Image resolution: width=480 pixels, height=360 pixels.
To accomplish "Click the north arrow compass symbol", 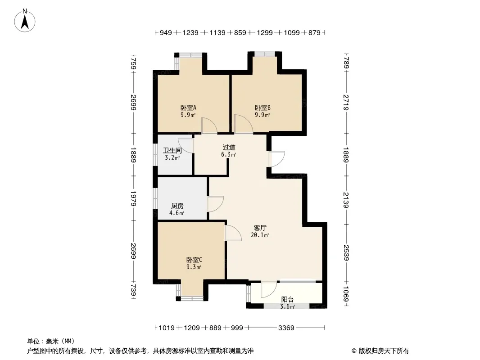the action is tap(25, 21).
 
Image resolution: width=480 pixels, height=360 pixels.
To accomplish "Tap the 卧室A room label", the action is tap(188, 108).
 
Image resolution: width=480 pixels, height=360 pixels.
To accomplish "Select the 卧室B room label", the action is tap(263, 108).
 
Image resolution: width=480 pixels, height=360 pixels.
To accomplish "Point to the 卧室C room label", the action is tap(194, 260).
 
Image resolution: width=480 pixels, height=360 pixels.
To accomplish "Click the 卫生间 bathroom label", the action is tap(172, 150).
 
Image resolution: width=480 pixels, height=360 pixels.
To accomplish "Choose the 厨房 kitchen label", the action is tap(177, 206).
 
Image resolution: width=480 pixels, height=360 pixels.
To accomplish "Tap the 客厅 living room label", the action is tap(260, 228).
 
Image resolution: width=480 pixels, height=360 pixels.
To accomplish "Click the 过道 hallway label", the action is tap(229, 148).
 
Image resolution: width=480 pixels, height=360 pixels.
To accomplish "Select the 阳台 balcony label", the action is tap(287, 300).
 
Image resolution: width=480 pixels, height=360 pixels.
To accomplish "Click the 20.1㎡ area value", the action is tap(260, 235).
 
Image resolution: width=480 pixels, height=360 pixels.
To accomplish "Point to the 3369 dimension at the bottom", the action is tap(286, 328).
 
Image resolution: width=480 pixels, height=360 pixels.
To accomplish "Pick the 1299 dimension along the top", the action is tap(265, 32).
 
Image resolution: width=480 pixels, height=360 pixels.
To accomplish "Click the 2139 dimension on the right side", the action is tap(346, 200).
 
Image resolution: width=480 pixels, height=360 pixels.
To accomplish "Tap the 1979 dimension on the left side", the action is tap(133, 198).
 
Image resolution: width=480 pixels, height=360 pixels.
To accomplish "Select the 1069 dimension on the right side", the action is tap(346, 294).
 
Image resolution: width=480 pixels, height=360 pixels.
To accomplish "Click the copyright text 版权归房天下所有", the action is tap(384, 351).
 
